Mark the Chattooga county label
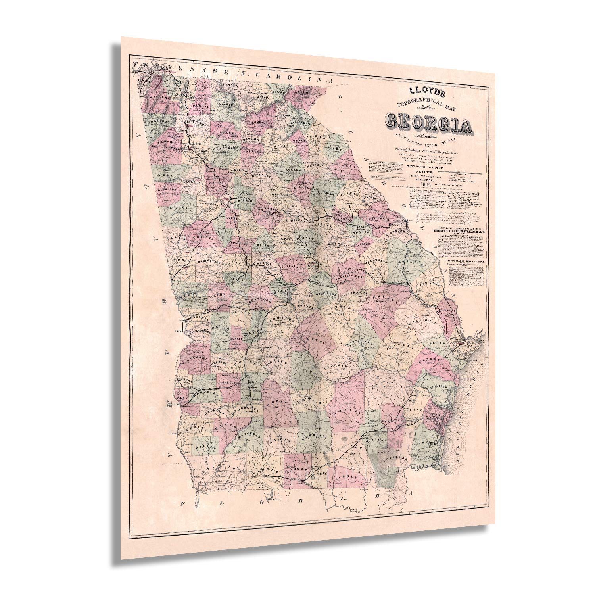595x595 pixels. pyautogui.click(x=161, y=121)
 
